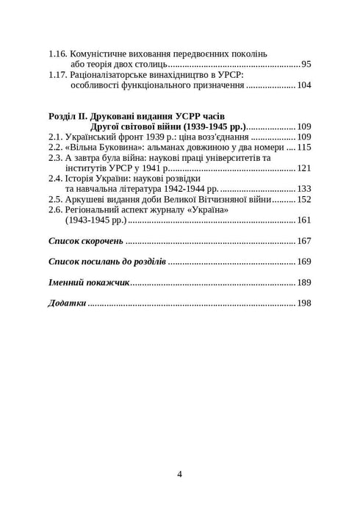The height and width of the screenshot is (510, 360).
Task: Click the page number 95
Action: pyautogui.click(x=306, y=65)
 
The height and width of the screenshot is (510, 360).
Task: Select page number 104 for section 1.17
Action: pyautogui.click(x=304, y=85)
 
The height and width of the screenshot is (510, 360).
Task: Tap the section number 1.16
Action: pyautogui.click(x=58, y=54)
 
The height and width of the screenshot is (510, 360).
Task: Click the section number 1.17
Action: pyautogui.click(x=58, y=75)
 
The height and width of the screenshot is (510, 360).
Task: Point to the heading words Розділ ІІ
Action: pyautogui.click(x=71, y=116)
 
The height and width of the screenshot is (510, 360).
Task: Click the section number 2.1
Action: pyautogui.click(x=55, y=137)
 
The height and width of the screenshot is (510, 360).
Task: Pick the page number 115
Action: pyautogui.click(x=304, y=147)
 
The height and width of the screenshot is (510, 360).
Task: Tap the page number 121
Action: pyautogui.click(x=304, y=168)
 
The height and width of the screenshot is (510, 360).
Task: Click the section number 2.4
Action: pyautogui.click(x=55, y=179)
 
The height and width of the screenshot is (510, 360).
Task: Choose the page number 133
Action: pyautogui.click(x=304, y=189)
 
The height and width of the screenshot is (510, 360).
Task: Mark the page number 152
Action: pyautogui.click(x=304, y=199)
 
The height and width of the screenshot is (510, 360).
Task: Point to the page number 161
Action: pyautogui.click(x=304, y=220)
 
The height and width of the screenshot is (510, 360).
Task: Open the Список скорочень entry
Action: pyautogui.click(x=85, y=241)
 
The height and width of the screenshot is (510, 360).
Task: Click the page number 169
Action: pyautogui.click(x=304, y=262)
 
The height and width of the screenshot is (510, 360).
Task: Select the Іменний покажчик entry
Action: pyautogui.click(x=89, y=282)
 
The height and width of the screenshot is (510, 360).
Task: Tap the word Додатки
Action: pyautogui.click(x=67, y=303)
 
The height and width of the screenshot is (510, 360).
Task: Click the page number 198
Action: pyautogui.click(x=304, y=303)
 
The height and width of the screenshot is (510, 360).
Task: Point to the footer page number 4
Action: pyautogui.click(x=180, y=474)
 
